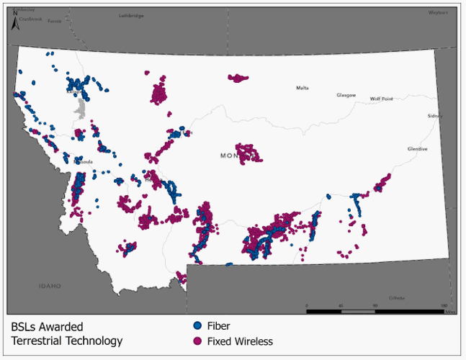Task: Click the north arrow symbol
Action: [x=15, y=22]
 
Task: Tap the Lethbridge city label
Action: [x=131, y=15]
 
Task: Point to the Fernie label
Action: [x=55, y=22]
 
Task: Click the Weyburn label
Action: [x=438, y=12]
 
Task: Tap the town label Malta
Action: [x=303, y=88]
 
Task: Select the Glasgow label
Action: [x=346, y=95]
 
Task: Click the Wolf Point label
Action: [x=382, y=99]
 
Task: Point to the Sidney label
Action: [x=434, y=116]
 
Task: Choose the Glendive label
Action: [x=417, y=148]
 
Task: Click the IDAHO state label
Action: [x=50, y=286]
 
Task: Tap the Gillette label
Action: [x=397, y=297]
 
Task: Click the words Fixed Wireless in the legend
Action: [x=240, y=341]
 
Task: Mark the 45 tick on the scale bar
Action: [x=341, y=306]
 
